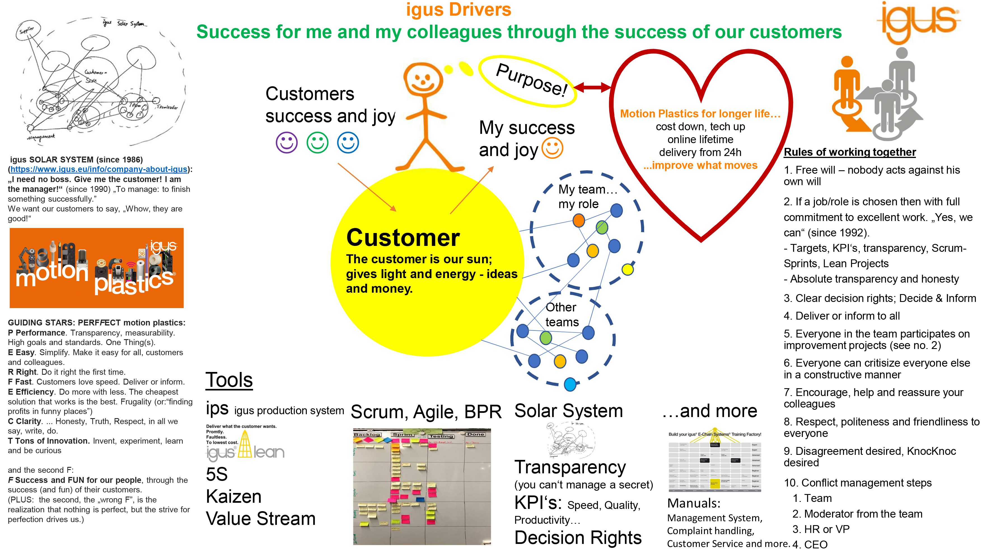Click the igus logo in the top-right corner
point(919,21)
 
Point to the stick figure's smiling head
point(423,80)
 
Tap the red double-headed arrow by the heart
point(592,87)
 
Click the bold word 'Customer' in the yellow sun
point(403,238)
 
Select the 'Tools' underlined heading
point(229,380)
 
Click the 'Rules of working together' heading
point(849,152)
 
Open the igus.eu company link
point(99,169)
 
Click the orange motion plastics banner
point(97,268)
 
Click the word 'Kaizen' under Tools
point(234,496)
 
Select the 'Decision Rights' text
point(578,537)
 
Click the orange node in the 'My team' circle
point(579,220)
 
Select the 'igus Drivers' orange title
point(458,10)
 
